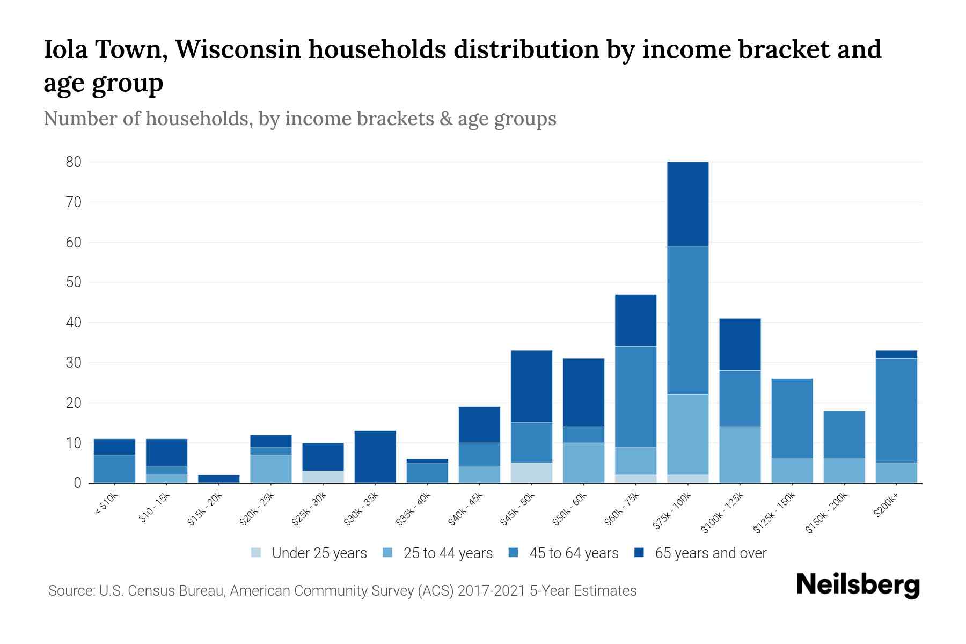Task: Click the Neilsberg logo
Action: tap(858, 585)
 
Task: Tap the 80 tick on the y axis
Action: tap(74, 162)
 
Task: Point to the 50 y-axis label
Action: tap(74, 282)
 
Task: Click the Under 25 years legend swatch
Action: tap(256, 553)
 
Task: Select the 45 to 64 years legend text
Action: tap(574, 553)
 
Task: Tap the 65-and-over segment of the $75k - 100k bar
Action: tap(687, 204)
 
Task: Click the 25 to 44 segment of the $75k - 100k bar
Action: tap(687, 435)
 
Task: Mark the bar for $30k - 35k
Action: tap(375, 457)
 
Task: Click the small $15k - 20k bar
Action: tap(218, 479)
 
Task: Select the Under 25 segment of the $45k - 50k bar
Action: tap(531, 473)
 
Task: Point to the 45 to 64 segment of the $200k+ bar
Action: tap(896, 411)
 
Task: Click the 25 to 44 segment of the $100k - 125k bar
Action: tap(740, 455)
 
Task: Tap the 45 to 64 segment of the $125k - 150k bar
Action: tap(792, 419)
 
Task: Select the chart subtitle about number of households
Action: tap(299, 119)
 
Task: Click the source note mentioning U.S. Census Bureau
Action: tap(342, 591)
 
